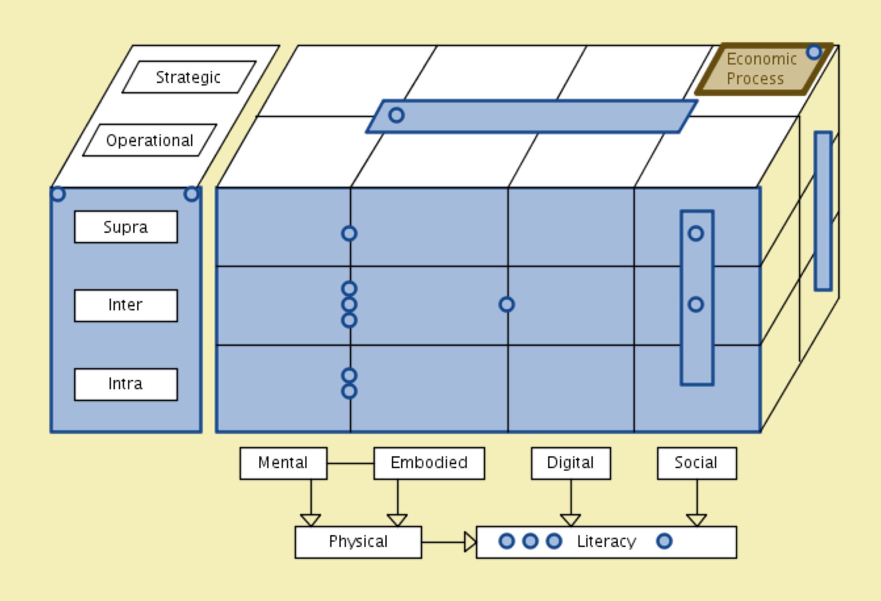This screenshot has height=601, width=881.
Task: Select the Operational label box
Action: click(150, 140)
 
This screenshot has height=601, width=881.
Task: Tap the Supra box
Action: click(126, 227)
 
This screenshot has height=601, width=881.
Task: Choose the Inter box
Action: click(126, 306)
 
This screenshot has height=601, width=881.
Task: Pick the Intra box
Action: click(126, 384)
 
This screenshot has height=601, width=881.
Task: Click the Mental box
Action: click(283, 463)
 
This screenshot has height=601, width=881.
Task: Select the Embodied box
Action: click(429, 463)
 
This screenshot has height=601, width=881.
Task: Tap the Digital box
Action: click(571, 463)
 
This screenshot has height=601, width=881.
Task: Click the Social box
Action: click(697, 463)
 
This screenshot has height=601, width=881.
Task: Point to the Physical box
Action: click(358, 542)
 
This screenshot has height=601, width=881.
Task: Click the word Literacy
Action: click(606, 542)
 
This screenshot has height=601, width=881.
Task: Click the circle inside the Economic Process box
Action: click(814, 52)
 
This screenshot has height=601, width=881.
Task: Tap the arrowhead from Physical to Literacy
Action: click(470, 542)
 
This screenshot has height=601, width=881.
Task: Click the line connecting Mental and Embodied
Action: click(350, 463)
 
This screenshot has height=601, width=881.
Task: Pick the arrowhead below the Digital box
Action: click(571, 520)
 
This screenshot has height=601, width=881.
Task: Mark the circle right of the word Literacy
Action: click(664, 541)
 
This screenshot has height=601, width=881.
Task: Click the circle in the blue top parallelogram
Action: click(396, 115)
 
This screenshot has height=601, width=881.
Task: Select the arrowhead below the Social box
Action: click(697, 520)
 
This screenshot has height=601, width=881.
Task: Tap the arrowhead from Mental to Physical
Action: click(310, 520)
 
